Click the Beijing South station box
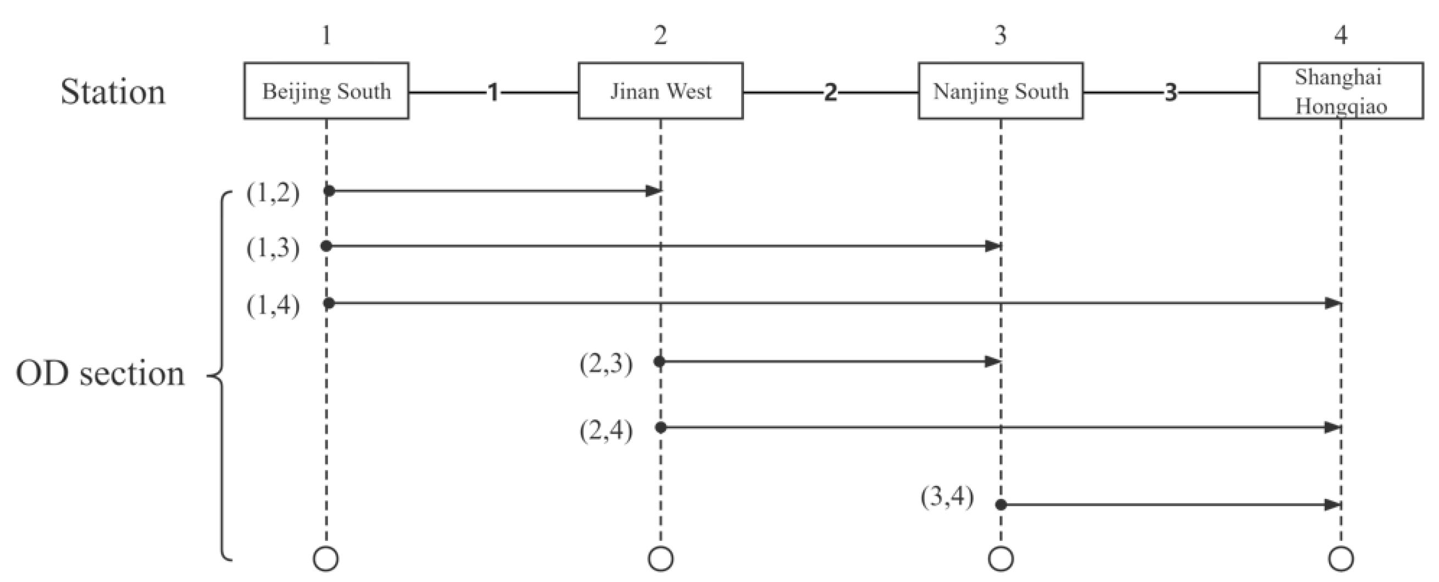point(326,91)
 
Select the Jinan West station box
point(660,91)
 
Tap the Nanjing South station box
point(1001,91)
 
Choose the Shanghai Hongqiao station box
point(1341,91)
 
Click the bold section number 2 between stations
point(831,92)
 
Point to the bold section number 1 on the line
point(493,92)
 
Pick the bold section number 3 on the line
point(1171,92)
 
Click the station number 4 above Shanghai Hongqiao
point(1341,35)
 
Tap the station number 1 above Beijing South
point(326,35)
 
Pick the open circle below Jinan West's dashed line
point(660,558)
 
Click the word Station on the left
point(113,92)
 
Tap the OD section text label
point(100,373)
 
